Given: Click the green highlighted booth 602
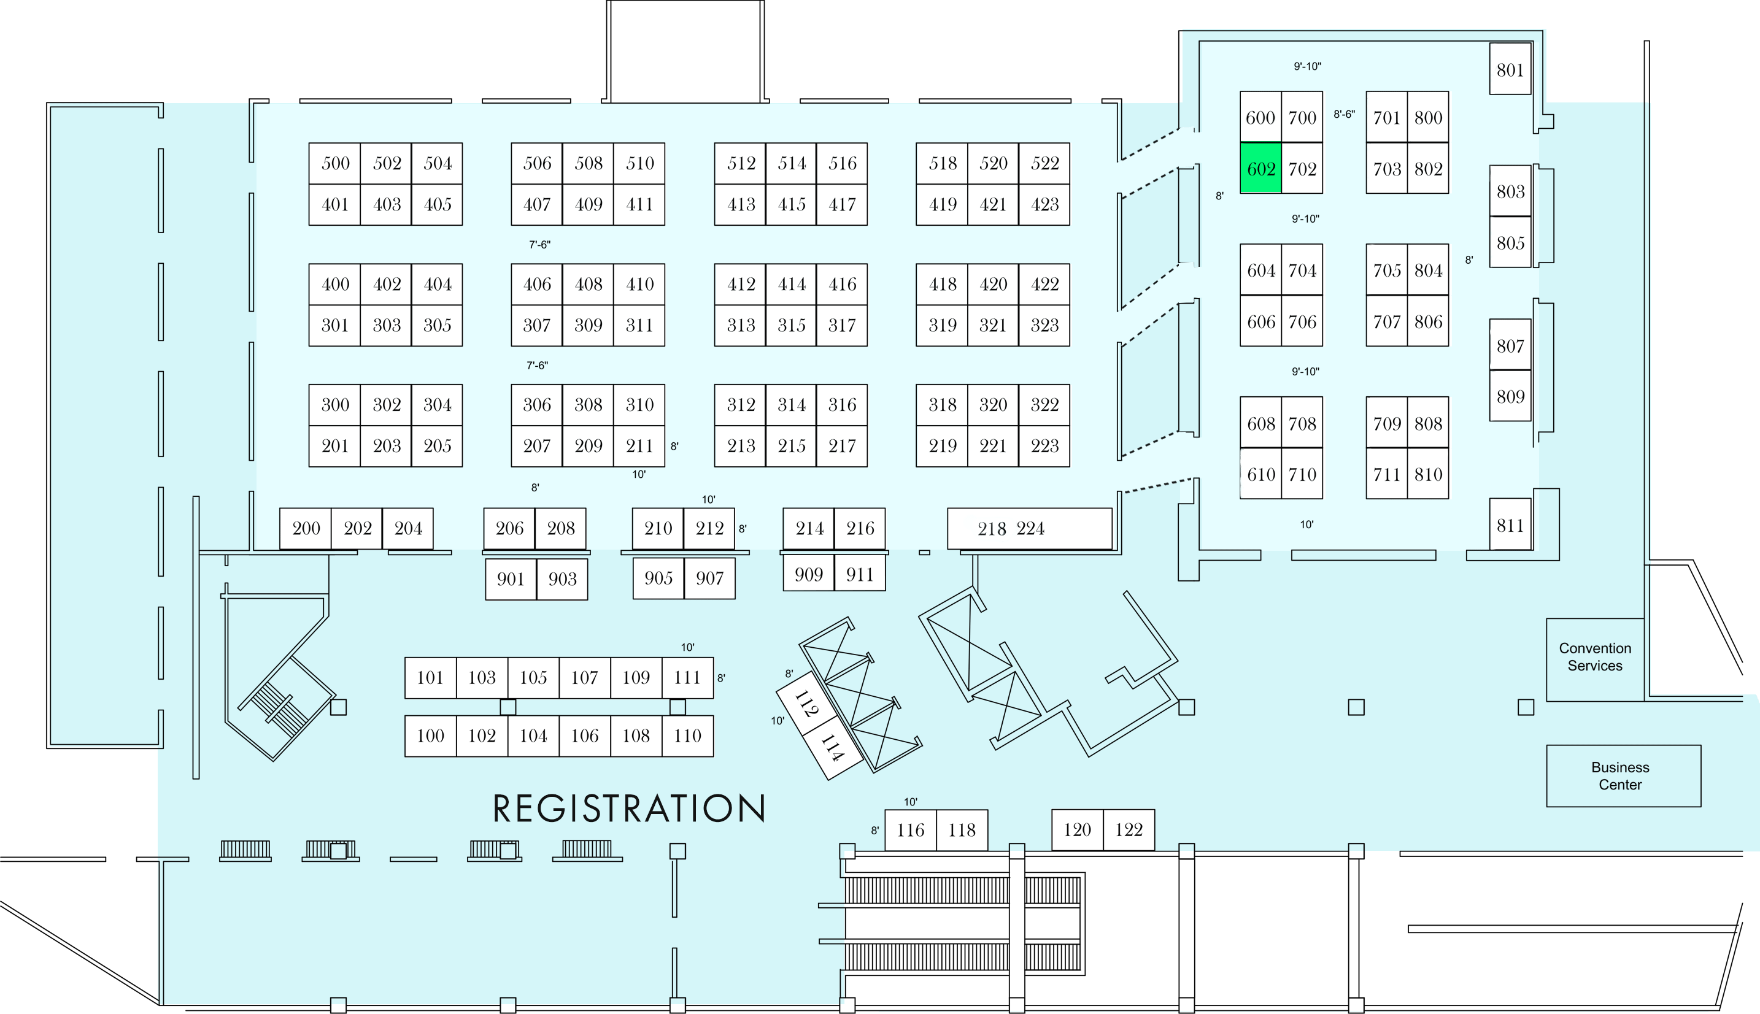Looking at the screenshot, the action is pos(1260,168).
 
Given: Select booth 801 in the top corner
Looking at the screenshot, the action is pos(1510,69).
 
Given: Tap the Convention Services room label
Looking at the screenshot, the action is pos(1595,657).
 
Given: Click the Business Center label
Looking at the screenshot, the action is pos(1620,776).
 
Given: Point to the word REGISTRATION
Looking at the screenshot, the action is pos(629,809).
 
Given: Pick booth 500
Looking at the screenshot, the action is pos(335,164).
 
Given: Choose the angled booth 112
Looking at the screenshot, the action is pos(805,704).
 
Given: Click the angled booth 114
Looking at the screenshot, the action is pos(832,748).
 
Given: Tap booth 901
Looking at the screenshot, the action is pos(511,578).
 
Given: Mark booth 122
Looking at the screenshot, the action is pos(1129,829).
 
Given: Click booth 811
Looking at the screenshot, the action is pos(1510,524).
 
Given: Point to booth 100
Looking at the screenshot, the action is pos(430,736).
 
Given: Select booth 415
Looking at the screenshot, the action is pos(791,205).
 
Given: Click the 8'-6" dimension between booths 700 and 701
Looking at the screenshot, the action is pos(1344,114).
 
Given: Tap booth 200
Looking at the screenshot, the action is pos(306,529).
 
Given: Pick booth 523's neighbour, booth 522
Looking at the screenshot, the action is pos(1044,164).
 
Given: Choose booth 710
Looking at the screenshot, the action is pos(1302,474).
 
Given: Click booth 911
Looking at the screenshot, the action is pos(860,575).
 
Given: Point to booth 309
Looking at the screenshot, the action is pos(588,325).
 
